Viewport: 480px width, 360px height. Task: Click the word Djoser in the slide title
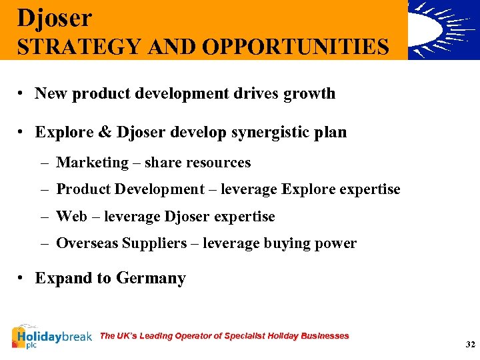coord(55,18)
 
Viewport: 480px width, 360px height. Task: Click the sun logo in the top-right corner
coord(443,30)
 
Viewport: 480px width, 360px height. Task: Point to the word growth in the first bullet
coord(309,93)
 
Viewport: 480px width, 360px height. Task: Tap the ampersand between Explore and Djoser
coord(105,132)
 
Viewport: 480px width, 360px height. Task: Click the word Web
coord(71,217)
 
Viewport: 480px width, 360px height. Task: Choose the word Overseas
coord(87,244)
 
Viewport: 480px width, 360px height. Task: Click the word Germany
coord(151,278)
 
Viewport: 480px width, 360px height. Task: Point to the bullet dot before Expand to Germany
coord(23,279)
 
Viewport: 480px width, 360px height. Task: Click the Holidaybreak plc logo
coord(51,337)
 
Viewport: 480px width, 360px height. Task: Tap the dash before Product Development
coord(43,190)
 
